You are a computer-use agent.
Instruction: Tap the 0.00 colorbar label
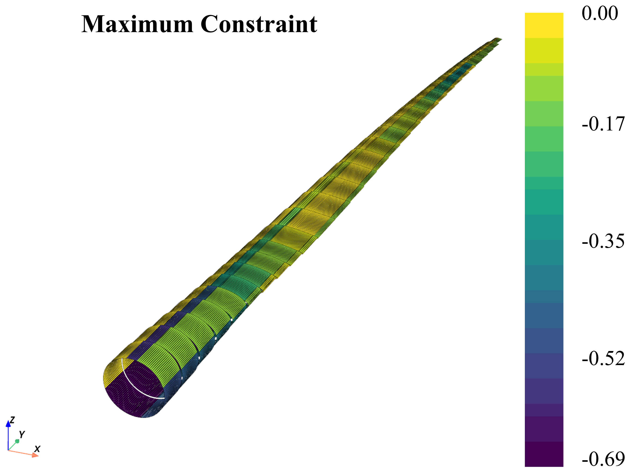point(600,13)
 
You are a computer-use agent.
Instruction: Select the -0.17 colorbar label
point(603,124)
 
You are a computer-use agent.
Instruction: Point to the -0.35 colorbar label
point(603,241)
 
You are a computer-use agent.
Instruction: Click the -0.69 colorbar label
point(603,459)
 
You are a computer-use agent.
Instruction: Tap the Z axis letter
point(12,420)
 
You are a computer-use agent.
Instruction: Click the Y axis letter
point(22,434)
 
